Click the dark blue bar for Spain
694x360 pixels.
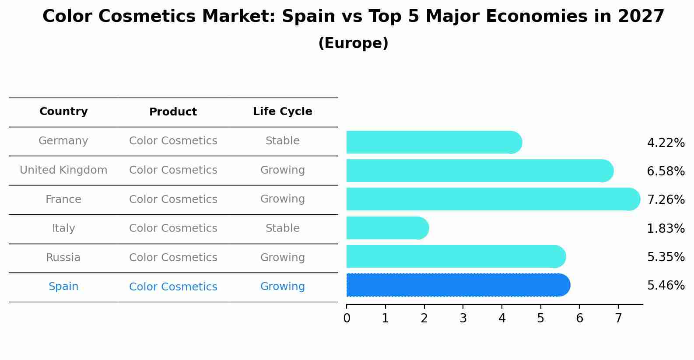tap(457, 285)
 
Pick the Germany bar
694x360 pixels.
tap(433, 142)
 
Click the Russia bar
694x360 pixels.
tap(455, 256)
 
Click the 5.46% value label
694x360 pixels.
tap(666, 286)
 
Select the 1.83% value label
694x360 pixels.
tap(666, 228)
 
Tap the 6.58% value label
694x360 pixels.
tap(666, 171)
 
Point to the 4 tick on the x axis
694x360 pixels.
tap(502, 318)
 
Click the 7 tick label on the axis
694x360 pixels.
tap(618, 318)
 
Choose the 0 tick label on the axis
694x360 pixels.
tap(347, 318)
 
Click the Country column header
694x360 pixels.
tap(63, 112)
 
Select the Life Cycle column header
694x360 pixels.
tap(282, 112)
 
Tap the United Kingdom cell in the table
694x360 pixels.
tap(63, 170)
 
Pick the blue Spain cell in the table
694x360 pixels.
tap(63, 287)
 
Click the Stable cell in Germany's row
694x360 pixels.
tap(282, 141)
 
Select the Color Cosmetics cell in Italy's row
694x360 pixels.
tap(173, 228)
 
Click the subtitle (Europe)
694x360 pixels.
tap(353, 43)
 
